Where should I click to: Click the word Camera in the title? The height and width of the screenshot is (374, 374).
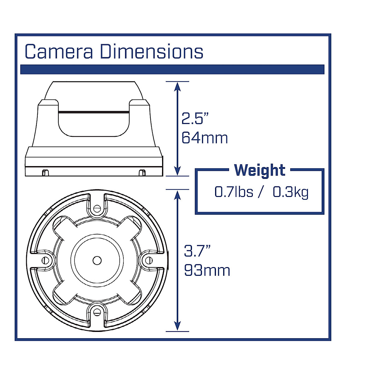click(x=59, y=52)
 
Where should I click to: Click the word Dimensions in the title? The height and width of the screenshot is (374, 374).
click(x=151, y=52)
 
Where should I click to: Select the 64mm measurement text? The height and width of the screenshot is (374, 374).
click(x=204, y=138)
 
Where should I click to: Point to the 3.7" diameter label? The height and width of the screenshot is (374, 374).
click(x=197, y=251)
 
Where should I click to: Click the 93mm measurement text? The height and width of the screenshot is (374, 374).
click(x=207, y=270)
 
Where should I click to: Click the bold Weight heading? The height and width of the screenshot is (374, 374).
click(x=259, y=170)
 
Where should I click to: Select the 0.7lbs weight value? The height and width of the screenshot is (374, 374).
click(x=233, y=192)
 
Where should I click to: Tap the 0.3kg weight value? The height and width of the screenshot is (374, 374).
click(x=290, y=192)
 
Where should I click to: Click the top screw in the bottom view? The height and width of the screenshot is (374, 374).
click(x=97, y=208)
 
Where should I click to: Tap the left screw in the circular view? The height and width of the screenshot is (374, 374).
click(x=46, y=260)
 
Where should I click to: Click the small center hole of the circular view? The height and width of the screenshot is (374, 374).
click(x=97, y=260)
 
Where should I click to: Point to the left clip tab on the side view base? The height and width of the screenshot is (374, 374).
click(x=45, y=172)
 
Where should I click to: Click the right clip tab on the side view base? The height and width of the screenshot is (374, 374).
click(x=142, y=172)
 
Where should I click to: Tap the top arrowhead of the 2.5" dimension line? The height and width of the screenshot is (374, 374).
click(x=177, y=86)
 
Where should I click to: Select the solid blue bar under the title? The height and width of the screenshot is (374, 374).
click(x=172, y=69)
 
